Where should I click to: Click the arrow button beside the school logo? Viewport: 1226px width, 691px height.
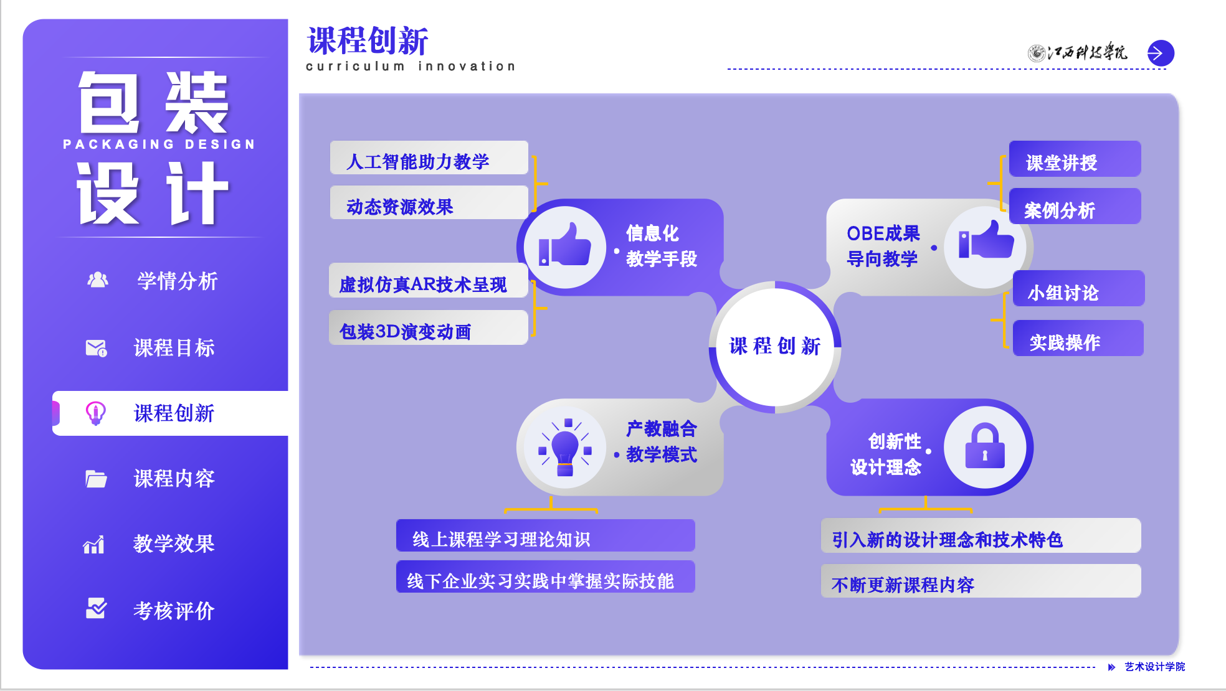(1161, 54)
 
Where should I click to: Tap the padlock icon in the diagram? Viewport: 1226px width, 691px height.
(984, 447)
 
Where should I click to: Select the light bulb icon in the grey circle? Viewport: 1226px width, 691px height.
(565, 447)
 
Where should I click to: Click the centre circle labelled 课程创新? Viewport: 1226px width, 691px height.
(775, 346)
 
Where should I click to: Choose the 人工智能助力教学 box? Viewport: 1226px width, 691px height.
(429, 159)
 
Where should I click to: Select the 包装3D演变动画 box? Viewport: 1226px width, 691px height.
(429, 328)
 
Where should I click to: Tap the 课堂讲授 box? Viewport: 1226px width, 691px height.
(1075, 160)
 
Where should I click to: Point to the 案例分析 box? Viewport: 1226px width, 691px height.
(1075, 207)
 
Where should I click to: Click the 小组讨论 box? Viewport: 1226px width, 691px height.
(1078, 289)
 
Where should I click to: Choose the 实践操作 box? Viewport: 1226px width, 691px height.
(1078, 339)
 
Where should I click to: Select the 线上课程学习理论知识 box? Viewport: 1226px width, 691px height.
(545, 536)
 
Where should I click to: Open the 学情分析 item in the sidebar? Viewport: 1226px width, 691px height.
(177, 281)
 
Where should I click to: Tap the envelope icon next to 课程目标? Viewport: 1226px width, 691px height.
(96, 348)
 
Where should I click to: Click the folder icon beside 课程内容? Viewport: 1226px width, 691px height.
(96, 479)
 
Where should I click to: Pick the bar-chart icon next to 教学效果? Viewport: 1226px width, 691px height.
(94, 545)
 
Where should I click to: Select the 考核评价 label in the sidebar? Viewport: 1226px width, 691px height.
(174, 611)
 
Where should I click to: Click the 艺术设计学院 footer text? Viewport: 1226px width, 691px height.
(1154, 667)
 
